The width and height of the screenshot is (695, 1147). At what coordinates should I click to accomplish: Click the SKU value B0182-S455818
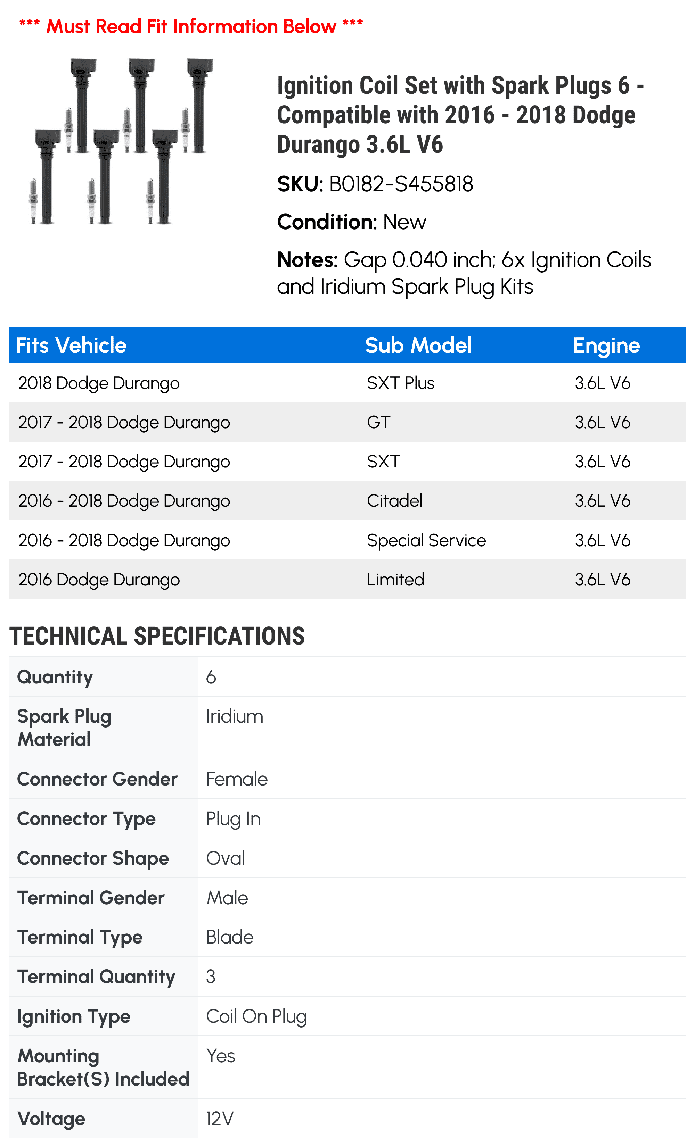(x=401, y=184)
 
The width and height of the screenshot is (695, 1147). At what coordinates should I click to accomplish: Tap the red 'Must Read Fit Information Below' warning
(x=191, y=26)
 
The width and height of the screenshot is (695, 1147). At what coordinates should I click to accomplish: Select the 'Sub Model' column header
(x=418, y=346)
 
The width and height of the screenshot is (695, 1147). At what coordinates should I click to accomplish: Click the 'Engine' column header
(x=606, y=346)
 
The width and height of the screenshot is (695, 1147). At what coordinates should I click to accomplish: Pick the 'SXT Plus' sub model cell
(x=401, y=383)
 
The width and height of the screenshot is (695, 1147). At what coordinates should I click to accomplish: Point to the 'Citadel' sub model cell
(x=394, y=501)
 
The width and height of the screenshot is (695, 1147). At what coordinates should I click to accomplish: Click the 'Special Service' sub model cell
(x=426, y=540)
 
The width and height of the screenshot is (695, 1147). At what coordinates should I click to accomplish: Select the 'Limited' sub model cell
(x=395, y=580)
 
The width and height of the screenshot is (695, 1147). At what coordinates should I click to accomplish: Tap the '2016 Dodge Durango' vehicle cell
(x=99, y=580)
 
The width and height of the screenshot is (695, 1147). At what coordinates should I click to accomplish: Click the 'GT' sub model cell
(x=378, y=422)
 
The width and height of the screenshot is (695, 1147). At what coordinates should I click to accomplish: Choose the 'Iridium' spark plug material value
(x=234, y=716)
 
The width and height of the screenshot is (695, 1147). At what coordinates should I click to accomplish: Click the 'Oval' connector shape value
(x=226, y=858)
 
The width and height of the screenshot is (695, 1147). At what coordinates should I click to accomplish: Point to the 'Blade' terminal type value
(x=230, y=937)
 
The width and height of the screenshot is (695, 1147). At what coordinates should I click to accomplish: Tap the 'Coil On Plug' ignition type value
(x=256, y=1017)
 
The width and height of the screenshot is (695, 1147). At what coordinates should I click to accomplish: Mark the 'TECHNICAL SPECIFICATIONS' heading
(x=157, y=636)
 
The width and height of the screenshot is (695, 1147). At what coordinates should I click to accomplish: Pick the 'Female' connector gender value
(x=237, y=779)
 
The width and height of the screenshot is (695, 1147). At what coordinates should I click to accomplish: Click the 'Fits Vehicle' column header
(x=71, y=346)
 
